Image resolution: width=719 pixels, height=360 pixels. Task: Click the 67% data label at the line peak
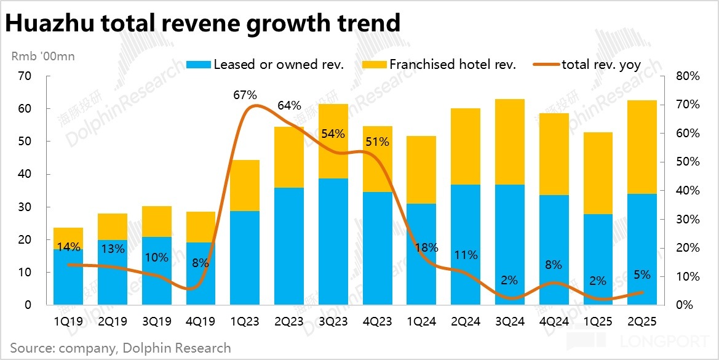(x=245, y=95)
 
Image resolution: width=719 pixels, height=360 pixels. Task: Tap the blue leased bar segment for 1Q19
(x=68, y=277)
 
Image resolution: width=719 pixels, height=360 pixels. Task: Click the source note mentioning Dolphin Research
(x=121, y=348)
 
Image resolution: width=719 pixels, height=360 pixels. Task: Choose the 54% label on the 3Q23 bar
(x=333, y=134)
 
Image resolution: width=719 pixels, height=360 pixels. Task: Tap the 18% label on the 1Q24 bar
(x=421, y=247)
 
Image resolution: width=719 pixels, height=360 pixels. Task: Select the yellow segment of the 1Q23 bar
(x=245, y=185)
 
